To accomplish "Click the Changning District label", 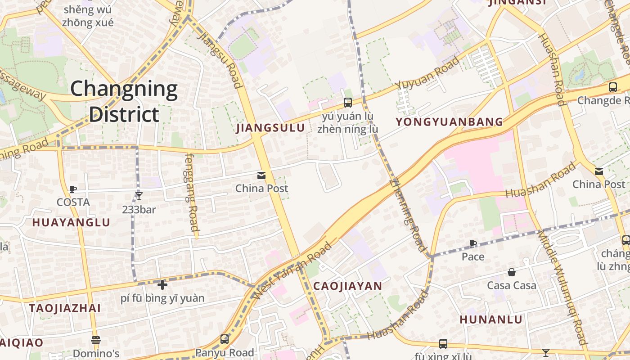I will [124, 101].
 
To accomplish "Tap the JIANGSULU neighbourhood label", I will [270, 128].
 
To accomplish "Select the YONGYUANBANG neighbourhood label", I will [449, 121].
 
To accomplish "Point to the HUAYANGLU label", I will [71, 222].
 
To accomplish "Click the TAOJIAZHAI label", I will [65, 308].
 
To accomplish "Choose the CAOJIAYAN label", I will [347, 286].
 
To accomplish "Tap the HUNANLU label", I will [491, 319].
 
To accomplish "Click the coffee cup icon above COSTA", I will [73, 189].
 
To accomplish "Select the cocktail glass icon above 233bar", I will [139, 196].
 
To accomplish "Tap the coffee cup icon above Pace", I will [473, 244].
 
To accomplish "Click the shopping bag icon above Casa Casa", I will [512, 272].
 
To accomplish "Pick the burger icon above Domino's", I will [95, 340].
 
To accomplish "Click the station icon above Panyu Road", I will [225, 339].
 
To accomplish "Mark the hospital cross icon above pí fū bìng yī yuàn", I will [162, 284].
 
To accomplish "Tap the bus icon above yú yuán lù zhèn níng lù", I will [347, 102].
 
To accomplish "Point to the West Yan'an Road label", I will [292, 271].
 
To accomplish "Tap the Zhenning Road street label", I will [407, 215].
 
